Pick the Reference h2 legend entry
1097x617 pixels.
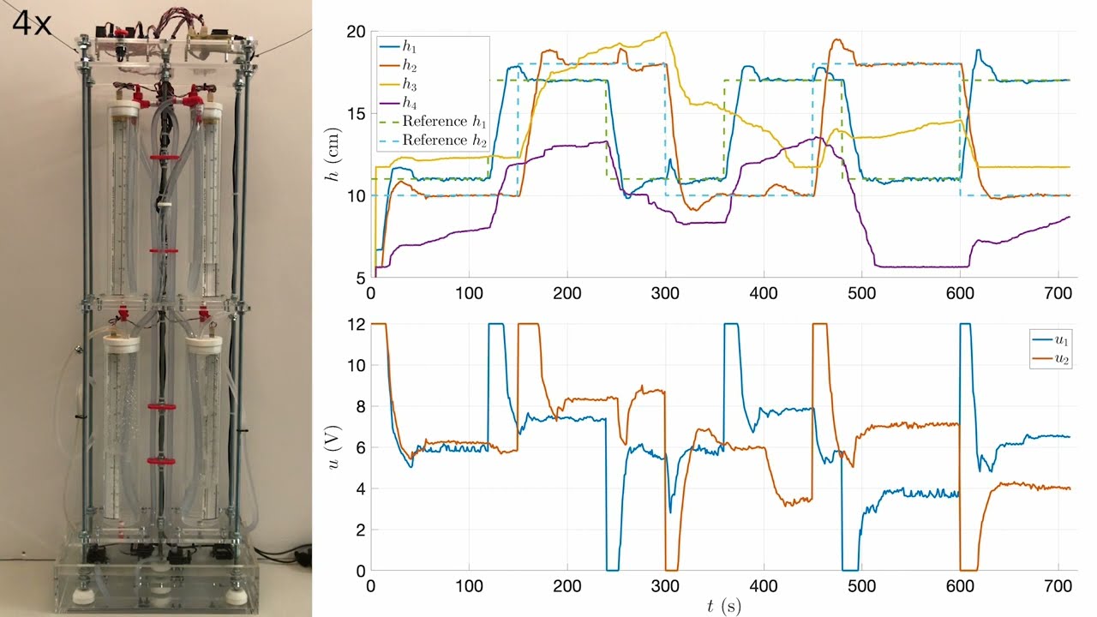point(438,140)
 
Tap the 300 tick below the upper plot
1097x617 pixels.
point(666,292)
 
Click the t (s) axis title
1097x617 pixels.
point(724,606)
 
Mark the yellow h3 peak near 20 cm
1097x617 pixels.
point(664,33)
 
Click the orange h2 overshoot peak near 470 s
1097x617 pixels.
point(837,39)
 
